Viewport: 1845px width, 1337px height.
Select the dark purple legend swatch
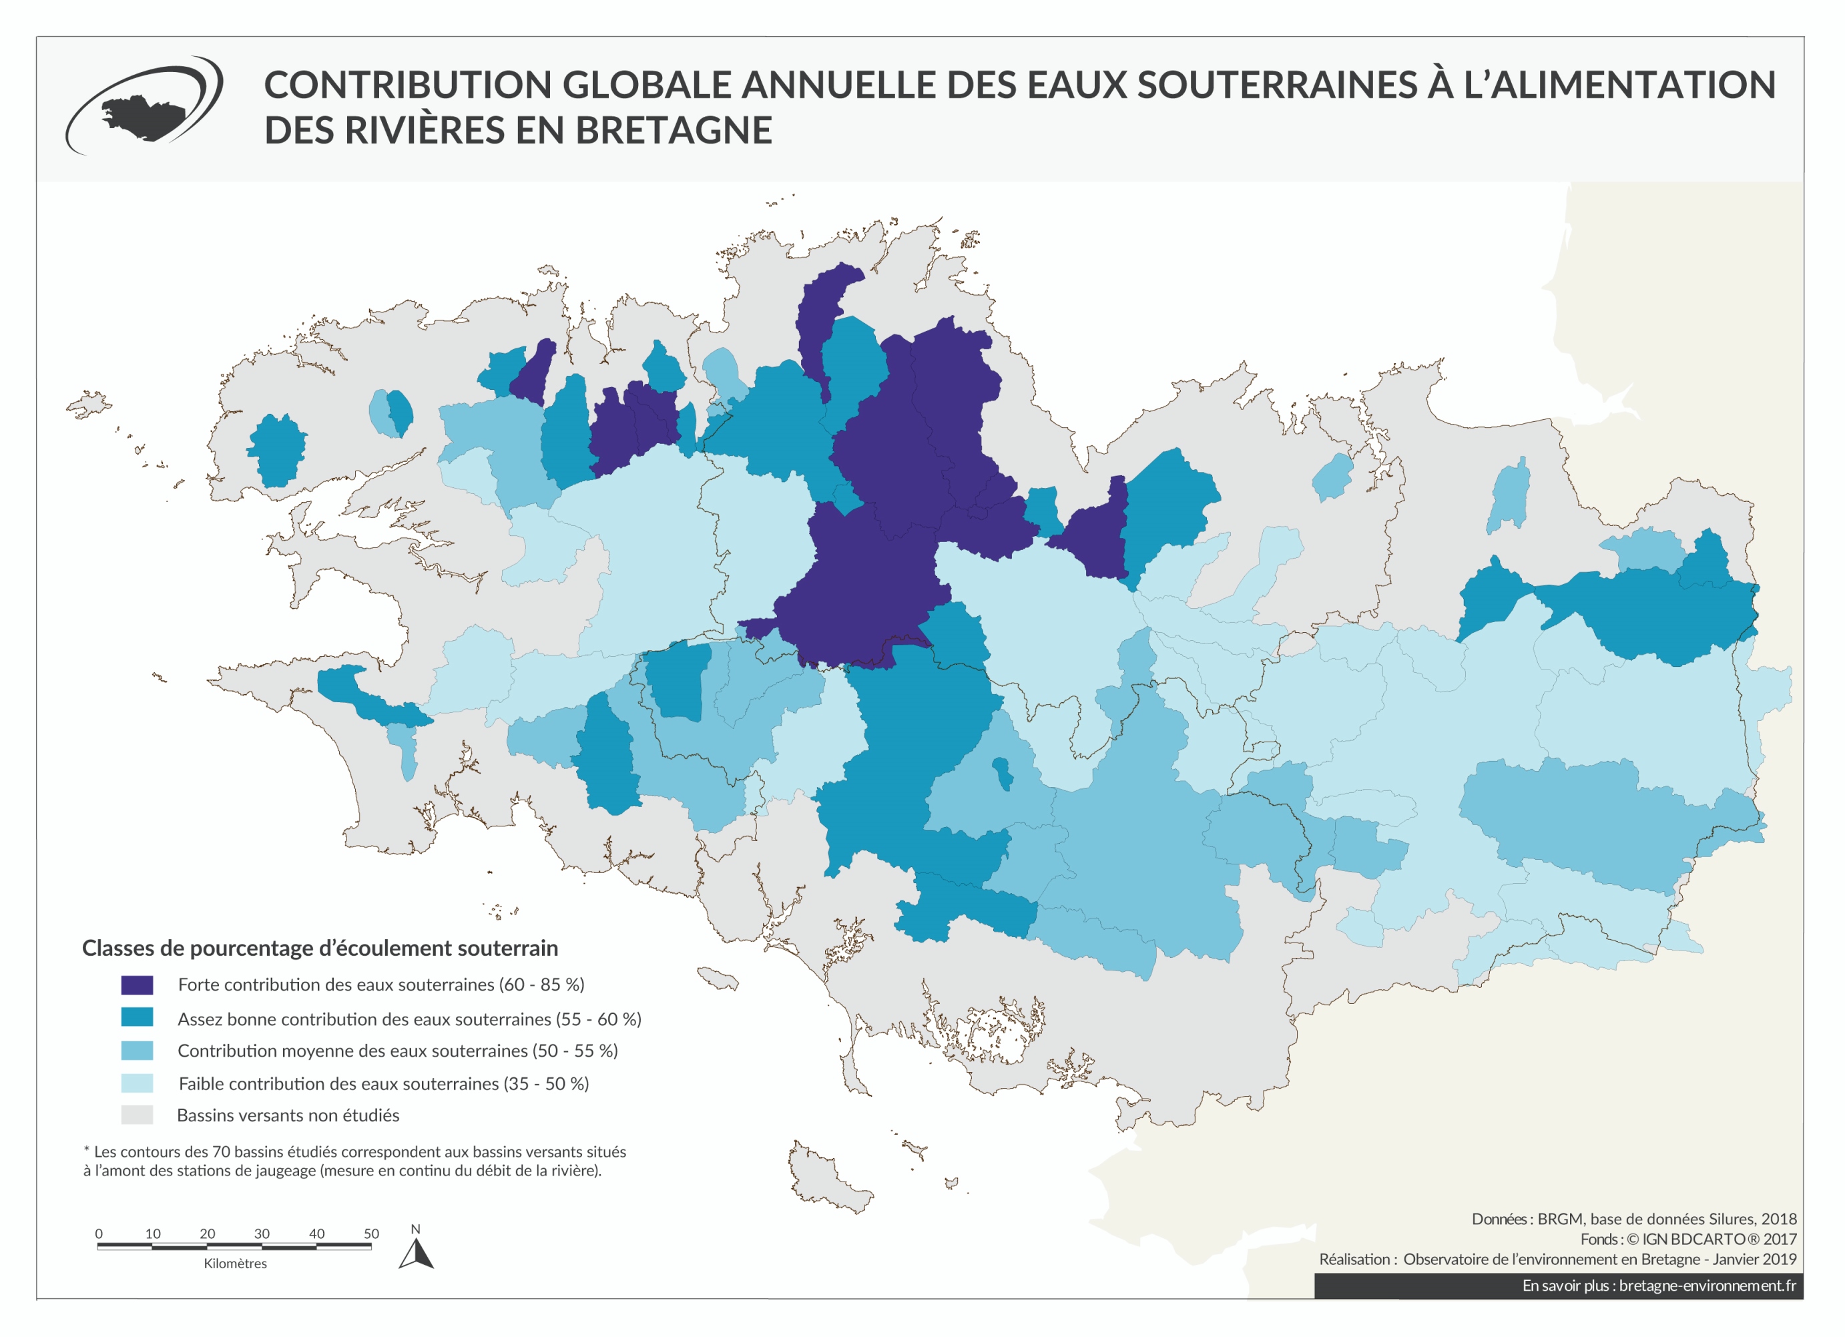(x=137, y=985)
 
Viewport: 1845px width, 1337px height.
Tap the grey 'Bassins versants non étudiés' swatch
(x=137, y=1115)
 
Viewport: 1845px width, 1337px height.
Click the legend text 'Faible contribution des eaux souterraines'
(x=382, y=1083)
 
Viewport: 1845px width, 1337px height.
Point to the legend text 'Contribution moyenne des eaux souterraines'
(x=397, y=1051)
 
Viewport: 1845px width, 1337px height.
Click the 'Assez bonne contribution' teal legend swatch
(x=137, y=1017)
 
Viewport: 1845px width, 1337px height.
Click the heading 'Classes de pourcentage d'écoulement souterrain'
(x=320, y=949)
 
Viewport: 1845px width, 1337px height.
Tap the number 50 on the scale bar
(x=371, y=1234)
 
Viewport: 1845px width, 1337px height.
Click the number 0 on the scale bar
(x=98, y=1234)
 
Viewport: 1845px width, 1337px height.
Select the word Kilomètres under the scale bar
(x=235, y=1263)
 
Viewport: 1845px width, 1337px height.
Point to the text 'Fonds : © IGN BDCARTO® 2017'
(x=1687, y=1240)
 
